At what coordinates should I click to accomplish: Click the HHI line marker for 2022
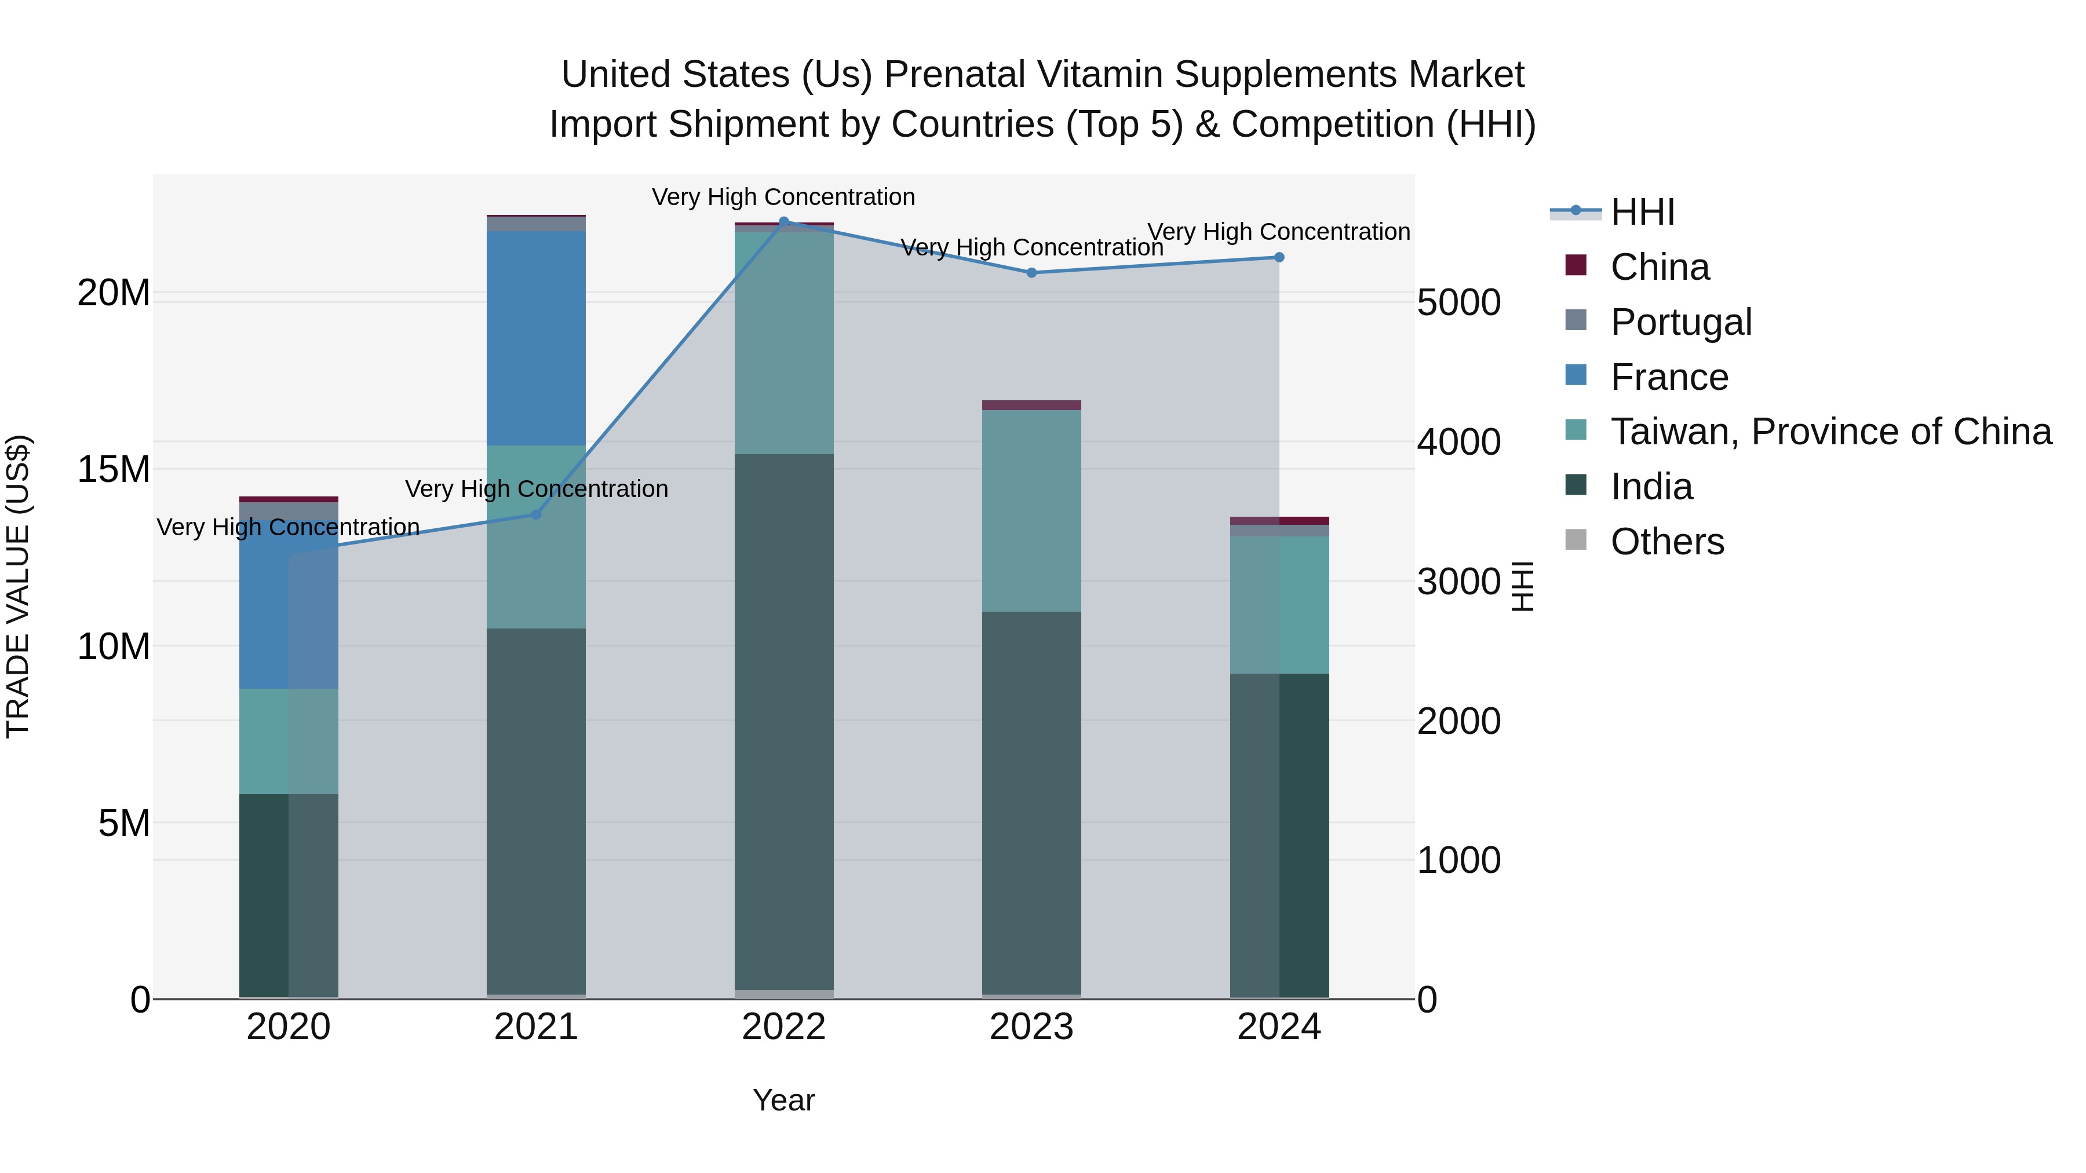[x=783, y=222]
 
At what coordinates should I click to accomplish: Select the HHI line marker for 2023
[x=1031, y=273]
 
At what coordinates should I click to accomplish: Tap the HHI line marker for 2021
[x=535, y=514]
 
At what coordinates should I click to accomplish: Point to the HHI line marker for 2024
[x=1279, y=257]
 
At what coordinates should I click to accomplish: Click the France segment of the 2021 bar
[x=535, y=338]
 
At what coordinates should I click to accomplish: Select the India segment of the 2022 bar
[x=783, y=721]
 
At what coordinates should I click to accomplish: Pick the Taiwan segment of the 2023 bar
[x=1031, y=510]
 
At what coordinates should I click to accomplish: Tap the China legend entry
[x=1660, y=267]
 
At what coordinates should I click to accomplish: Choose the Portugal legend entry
[x=1680, y=322]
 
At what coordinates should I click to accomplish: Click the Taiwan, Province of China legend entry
[x=1830, y=432]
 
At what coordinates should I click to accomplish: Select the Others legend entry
[x=1666, y=542]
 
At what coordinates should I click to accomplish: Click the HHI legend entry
[x=1642, y=212]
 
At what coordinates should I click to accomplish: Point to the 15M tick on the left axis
[x=114, y=470]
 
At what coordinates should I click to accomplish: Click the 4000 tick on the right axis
[x=1458, y=442]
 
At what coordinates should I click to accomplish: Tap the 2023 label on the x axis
[x=1031, y=1027]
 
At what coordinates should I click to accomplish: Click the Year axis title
[x=783, y=1100]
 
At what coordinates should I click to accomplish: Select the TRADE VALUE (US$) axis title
[x=18, y=586]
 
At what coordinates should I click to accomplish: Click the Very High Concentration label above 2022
[x=783, y=197]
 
